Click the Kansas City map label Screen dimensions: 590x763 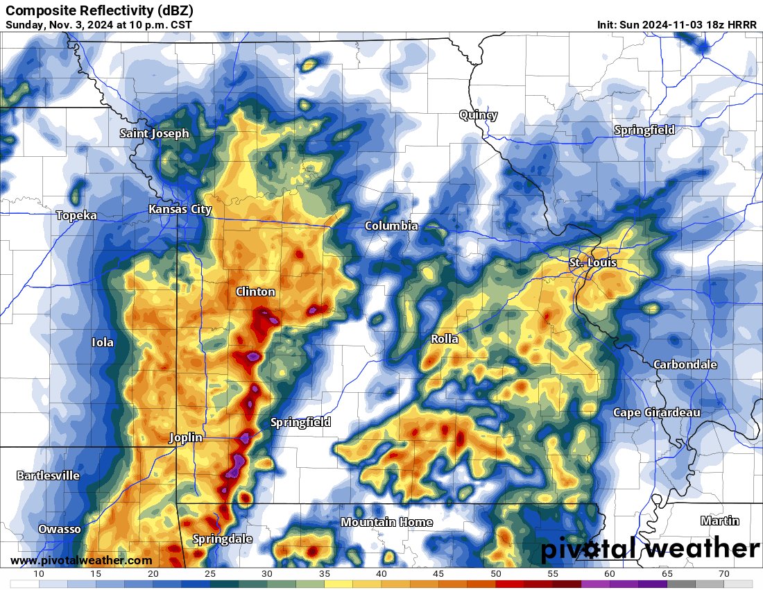(180, 210)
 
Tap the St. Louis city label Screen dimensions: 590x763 (592, 263)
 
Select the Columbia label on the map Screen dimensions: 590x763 (391, 226)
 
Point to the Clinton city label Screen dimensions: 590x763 (255, 292)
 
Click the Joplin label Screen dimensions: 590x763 (186, 438)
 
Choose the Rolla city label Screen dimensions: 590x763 (445, 339)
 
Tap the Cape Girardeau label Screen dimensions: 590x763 (656, 413)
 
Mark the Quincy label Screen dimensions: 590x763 (478, 115)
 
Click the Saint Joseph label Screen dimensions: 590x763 (154, 134)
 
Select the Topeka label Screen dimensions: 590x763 (76, 216)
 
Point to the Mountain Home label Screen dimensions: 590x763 (386, 523)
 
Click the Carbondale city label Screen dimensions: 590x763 (685, 365)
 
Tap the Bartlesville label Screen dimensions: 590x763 (47, 476)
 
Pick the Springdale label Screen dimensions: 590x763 (222, 539)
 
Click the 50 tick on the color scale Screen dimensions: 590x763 (495, 574)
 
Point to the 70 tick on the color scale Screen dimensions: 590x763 (723, 574)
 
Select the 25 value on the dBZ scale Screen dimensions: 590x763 (210, 574)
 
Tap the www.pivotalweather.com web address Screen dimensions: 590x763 (81, 561)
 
